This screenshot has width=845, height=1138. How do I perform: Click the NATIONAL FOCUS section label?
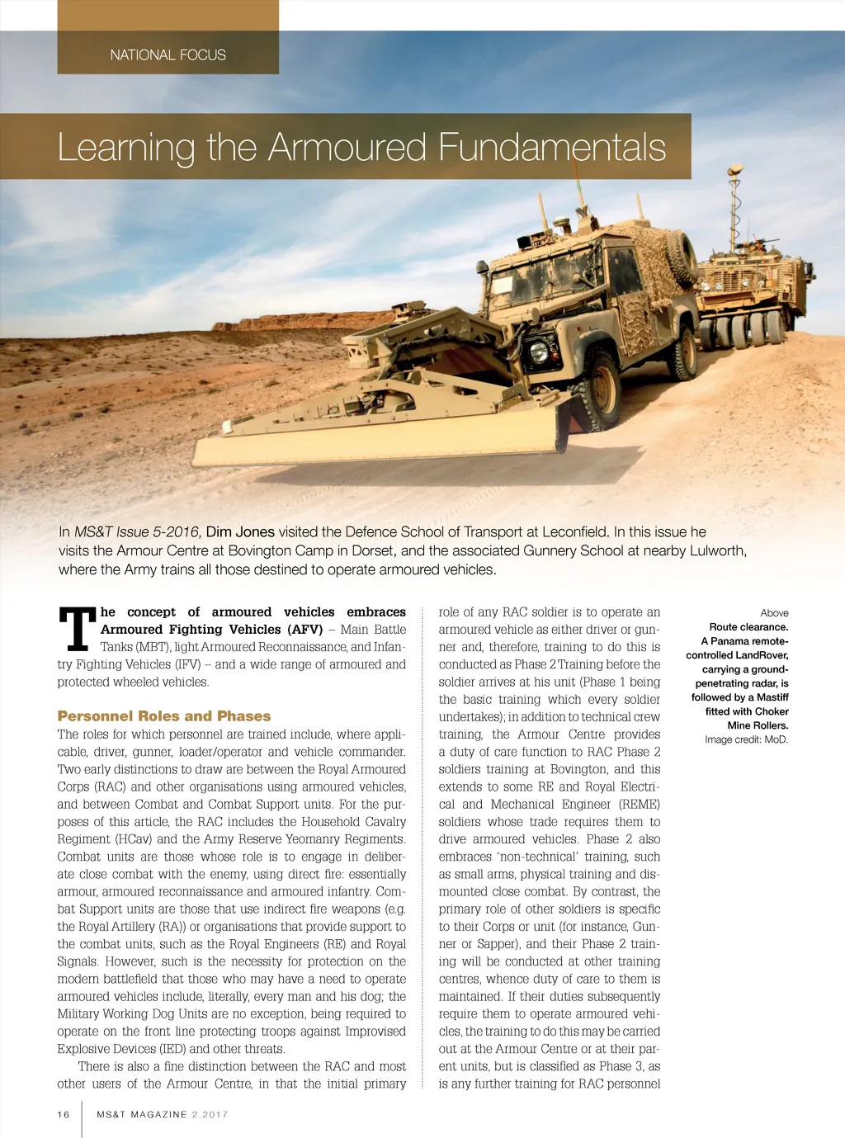(x=168, y=55)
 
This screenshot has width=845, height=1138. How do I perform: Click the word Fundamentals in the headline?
(x=552, y=148)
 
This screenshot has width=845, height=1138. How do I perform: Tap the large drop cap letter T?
(x=78, y=629)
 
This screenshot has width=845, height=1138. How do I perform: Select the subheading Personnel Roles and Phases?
(x=164, y=716)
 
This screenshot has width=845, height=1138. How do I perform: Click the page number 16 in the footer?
(x=64, y=1114)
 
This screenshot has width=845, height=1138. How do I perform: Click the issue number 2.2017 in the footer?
(x=210, y=1114)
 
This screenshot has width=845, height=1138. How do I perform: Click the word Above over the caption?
(x=774, y=613)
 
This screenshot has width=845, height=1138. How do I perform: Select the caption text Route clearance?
(x=748, y=627)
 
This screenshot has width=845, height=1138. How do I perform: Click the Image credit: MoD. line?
(x=746, y=739)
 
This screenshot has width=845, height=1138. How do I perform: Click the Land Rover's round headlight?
(x=539, y=350)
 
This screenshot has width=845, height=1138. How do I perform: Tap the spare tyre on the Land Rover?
(x=681, y=257)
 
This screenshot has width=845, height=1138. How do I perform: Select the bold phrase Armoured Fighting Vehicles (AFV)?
(x=211, y=630)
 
